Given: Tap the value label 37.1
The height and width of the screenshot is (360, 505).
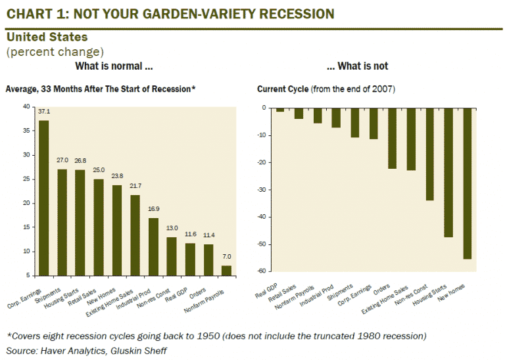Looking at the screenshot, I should pyautogui.click(x=44, y=112).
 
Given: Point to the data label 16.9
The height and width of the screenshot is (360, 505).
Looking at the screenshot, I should pyautogui.click(x=153, y=210).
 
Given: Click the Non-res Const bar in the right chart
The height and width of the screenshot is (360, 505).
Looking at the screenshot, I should pyautogui.click(x=431, y=154).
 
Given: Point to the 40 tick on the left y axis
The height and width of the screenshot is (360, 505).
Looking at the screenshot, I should pyautogui.click(x=26, y=106).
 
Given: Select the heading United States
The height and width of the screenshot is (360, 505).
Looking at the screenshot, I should pyautogui.click(x=47, y=37).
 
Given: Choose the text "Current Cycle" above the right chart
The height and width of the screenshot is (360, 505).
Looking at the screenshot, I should pyautogui.click(x=279, y=89).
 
